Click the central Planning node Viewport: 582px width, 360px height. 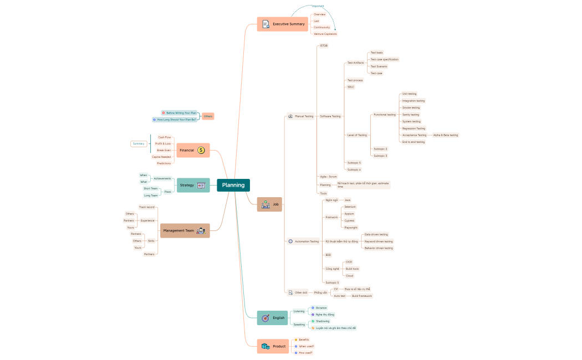tap(233, 185)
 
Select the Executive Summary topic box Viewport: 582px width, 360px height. tap(282, 24)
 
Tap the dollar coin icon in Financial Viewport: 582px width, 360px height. tap(201, 150)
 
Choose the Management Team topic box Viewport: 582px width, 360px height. tap(185, 230)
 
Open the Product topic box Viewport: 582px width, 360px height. tap(273, 346)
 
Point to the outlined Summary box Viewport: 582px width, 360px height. tap(139, 144)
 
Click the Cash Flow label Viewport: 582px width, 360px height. tap(165, 137)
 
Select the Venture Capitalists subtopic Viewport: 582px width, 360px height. tap(325, 34)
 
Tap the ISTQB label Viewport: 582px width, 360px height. tap(324, 45)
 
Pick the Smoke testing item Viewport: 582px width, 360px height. tap(411, 107)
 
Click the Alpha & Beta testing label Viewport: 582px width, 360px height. tap(446, 135)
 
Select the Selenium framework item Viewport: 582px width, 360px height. tap(350, 207)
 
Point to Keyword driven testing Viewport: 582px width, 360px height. tap(379, 241)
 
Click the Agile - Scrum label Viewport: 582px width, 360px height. tap(328, 177)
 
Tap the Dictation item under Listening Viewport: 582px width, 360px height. tap(321, 307)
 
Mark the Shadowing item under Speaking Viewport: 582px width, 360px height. tap(322, 321)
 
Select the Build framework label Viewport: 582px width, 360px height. tap(362, 296)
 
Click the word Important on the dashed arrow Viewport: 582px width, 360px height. tap(318, 6)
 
